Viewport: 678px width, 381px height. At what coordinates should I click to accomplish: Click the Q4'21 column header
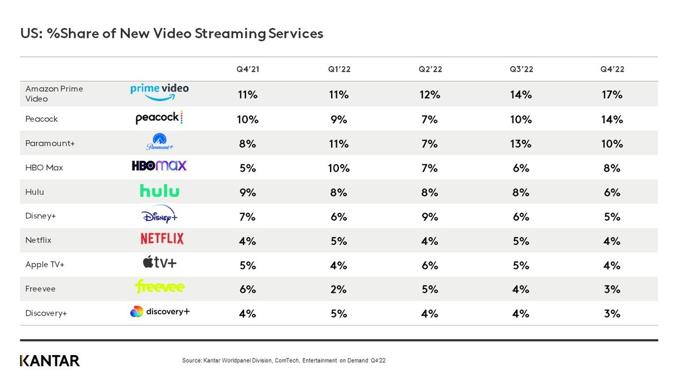[247, 69]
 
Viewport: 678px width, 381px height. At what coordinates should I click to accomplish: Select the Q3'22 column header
[520, 69]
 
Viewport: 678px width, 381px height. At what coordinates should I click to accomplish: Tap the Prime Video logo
[159, 92]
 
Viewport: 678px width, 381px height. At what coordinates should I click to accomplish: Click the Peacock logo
[159, 119]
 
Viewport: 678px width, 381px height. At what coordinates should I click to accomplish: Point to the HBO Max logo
[159, 166]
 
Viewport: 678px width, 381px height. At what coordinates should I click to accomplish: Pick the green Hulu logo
[159, 191]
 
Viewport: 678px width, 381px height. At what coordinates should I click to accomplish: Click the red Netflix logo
[162, 239]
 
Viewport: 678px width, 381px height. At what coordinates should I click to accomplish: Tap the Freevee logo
[159, 287]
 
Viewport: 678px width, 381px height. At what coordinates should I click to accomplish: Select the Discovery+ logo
[159, 312]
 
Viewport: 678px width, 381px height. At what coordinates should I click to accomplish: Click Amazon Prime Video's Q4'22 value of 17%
[612, 95]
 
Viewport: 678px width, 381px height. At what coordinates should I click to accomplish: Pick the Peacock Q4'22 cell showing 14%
[612, 119]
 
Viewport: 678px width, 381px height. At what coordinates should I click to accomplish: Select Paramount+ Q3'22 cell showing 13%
[520, 144]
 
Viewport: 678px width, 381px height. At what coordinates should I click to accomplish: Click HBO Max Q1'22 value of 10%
[338, 168]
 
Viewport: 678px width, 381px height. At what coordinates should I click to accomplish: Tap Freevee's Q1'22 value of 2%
[338, 289]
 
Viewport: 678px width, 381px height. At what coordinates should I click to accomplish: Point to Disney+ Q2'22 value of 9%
[429, 217]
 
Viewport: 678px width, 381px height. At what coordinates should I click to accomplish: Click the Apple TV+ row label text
[45, 265]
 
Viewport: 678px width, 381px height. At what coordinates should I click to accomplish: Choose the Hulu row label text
[34, 192]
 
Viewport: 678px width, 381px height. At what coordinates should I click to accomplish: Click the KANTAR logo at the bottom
[50, 361]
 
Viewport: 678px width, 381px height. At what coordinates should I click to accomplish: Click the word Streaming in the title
[227, 33]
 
